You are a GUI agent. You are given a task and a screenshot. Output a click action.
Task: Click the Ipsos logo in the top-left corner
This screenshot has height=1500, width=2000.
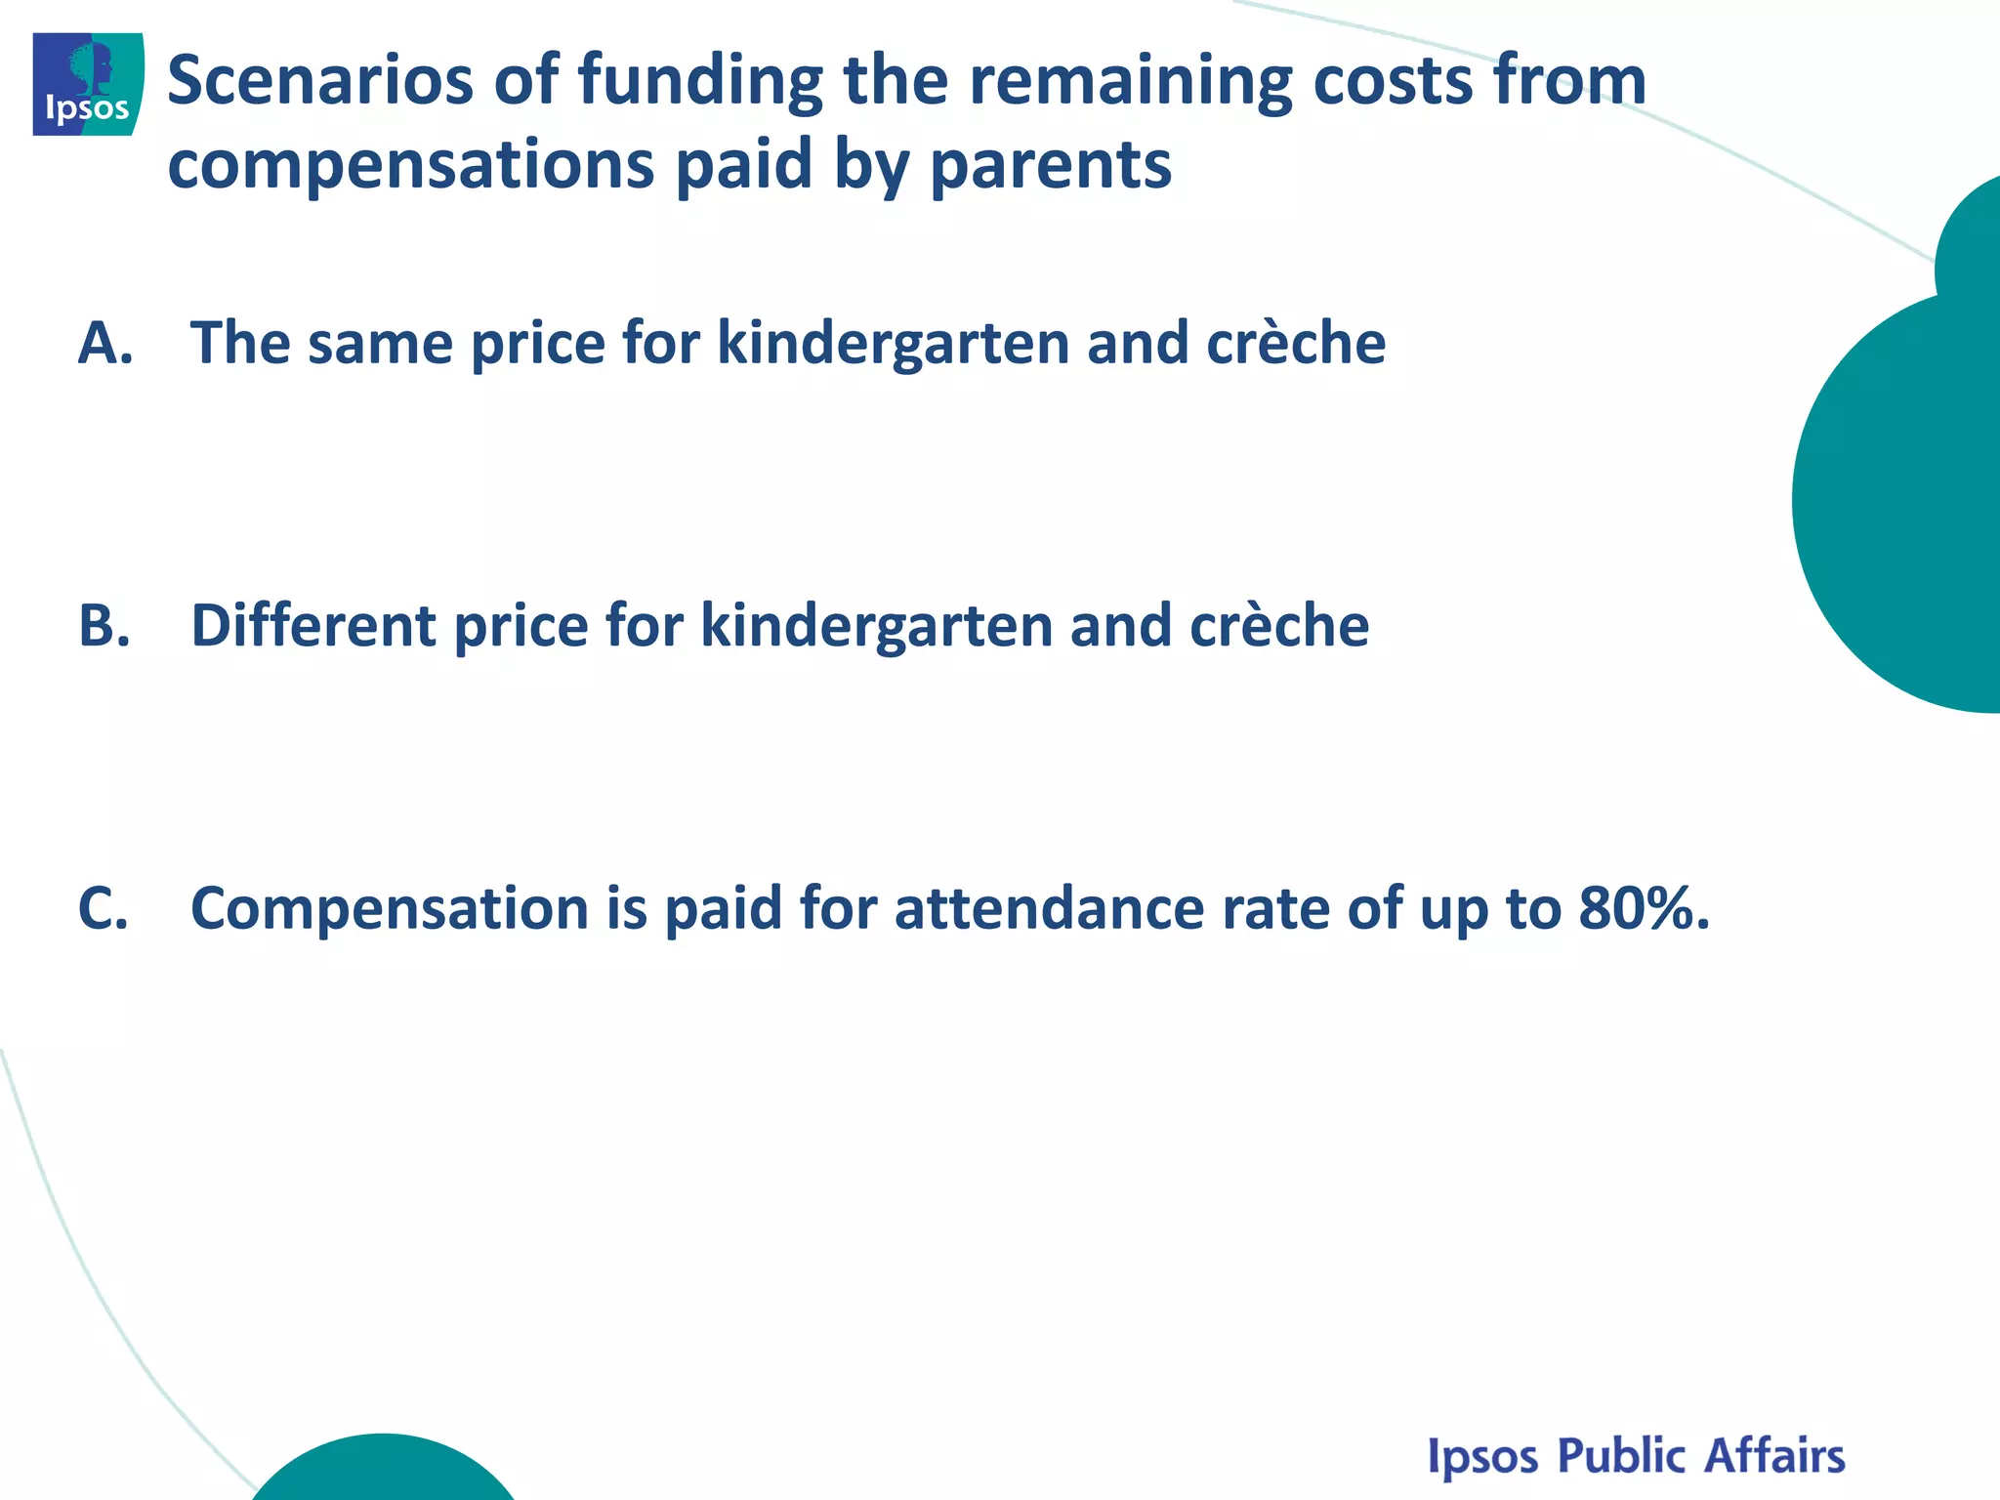pos(88,84)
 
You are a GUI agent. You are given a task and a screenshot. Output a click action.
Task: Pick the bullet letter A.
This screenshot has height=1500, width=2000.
pos(104,344)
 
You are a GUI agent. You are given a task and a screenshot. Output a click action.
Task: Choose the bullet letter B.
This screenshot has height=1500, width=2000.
pos(104,626)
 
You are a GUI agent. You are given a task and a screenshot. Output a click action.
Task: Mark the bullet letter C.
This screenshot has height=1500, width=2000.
pos(103,909)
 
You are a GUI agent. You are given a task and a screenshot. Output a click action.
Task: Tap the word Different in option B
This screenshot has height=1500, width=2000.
pos(313,626)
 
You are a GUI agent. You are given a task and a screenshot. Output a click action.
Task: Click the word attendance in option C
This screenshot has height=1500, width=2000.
pos(1049,909)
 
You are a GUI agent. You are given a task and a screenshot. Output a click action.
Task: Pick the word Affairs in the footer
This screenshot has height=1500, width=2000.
pos(1774,1455)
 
